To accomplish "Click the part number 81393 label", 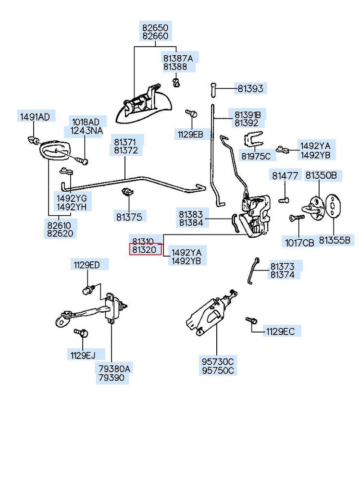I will tap(250, 88).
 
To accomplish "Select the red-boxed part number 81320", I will tap(145, 250).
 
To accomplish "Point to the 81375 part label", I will tap(129, 217).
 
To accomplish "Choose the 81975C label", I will tap(256, 156).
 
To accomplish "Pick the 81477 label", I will tap(285, 176).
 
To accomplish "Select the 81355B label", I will tap(335, 240).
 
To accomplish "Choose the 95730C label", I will tap(217, 361).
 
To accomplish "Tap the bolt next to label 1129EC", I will tap(250, 320).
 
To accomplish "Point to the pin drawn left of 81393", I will tap(213, 88).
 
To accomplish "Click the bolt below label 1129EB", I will tap(190, 113).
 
